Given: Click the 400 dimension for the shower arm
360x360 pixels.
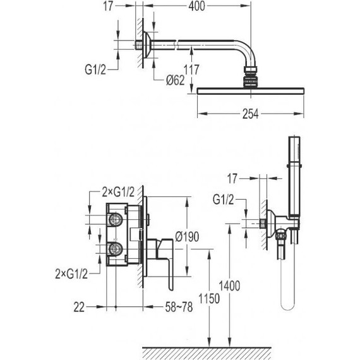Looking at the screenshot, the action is (x=197, y=6).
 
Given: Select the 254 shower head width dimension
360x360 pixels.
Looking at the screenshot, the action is (x=251, y=114).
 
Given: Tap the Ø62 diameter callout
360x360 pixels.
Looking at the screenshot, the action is (x=176, y=80).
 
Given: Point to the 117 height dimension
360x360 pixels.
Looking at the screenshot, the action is (x=191, y=69).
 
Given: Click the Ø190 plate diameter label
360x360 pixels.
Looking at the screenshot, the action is (x=187, y=236).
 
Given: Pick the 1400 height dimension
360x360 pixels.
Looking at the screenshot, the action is (x=230, y=286).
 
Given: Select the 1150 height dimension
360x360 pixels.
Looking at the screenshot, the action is (x=209, y=299).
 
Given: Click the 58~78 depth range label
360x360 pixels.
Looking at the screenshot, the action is (x=179, y=307).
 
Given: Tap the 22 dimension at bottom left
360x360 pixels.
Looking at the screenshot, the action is (x=79, y=307).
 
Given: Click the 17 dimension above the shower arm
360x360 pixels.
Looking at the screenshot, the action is (x=108, y=6).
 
